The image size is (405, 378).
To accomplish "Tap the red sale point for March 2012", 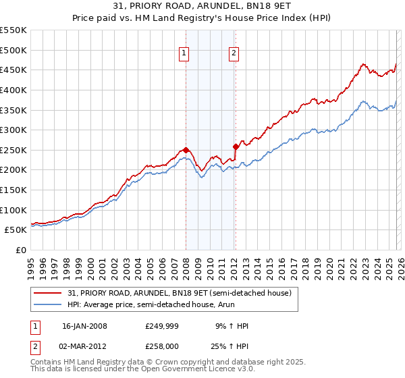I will click(x=236, y=146).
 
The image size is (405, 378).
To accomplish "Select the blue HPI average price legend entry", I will click(x=162, y=304).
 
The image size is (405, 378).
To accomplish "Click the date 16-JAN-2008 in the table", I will click(x=84, y=326).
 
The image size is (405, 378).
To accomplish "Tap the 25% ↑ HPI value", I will click(x=232, y=346).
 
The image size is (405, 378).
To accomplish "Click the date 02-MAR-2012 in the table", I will click(x=85, y=346).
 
